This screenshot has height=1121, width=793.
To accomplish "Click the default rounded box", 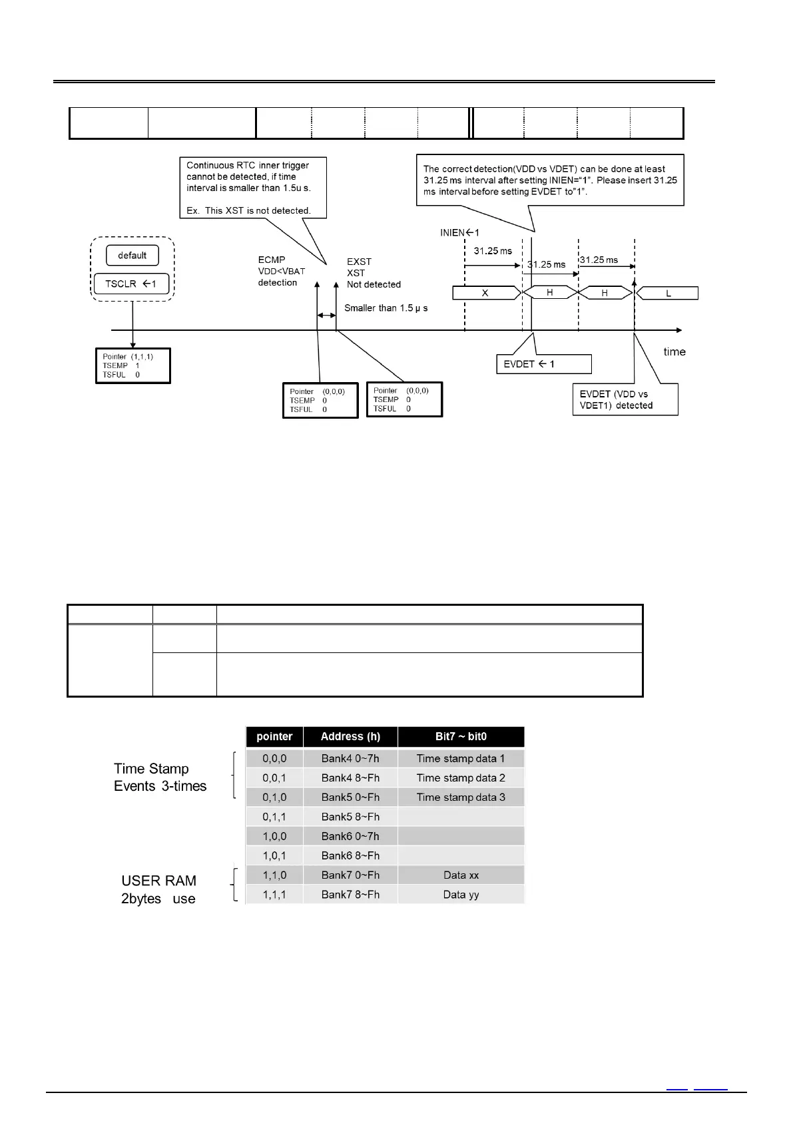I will (x=132, y=256).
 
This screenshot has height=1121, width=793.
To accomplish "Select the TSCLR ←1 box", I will (x=131, y=284).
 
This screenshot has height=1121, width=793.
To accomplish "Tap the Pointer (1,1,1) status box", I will (x=132, y=365).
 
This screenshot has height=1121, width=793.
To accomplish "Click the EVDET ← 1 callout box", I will (x=543, y=364).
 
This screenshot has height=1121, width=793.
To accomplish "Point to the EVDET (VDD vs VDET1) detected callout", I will (x=625, y=399).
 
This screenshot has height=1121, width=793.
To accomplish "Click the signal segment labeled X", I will (x=485, y=293).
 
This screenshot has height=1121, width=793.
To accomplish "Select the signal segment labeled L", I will (x=668, y=294).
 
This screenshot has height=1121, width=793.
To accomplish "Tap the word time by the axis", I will (x=674, y=351).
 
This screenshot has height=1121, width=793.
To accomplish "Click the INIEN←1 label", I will (x=459, y=233).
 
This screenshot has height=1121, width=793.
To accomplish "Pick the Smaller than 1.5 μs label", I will (x=386, y=308).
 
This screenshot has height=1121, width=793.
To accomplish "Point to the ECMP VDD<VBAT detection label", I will (x=281, y=271).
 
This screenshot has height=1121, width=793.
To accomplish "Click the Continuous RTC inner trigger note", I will (x=253, y=188).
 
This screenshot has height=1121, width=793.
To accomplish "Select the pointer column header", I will (x=274, y=736).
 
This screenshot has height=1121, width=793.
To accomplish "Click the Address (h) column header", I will (x=350, y=736).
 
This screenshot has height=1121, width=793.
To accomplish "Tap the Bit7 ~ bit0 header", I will (x=461, y=736).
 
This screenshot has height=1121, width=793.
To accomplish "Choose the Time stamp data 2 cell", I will (x=461, y=778).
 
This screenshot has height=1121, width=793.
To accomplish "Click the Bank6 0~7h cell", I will (x=350, y=836).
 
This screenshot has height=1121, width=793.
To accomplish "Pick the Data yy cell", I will (x=461, y=895).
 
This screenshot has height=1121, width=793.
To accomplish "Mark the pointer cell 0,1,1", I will (x=274, y=817).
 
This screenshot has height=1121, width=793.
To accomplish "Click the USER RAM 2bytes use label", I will (x=158, y=889).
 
